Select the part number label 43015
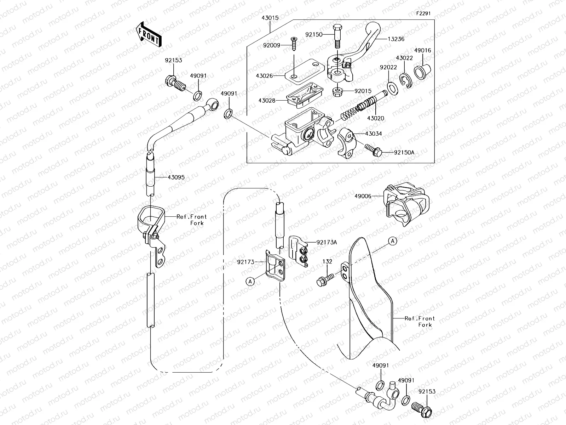point(270,17)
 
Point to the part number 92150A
point(404,153)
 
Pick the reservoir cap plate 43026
point(304,69)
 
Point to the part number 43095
point(176,177)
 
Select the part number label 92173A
point(327,243)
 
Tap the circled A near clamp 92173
point(250,281)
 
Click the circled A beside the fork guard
point(393,241)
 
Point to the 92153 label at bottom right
point(427,392)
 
